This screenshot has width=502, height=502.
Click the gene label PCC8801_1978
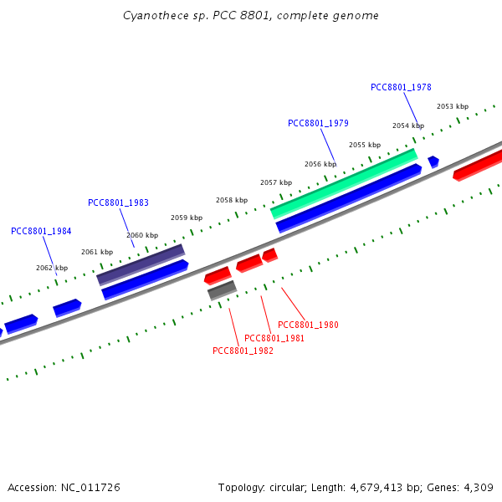click(401, 87)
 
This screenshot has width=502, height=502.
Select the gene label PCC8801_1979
click(318, 123)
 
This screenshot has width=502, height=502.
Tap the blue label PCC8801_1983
click(118, 202)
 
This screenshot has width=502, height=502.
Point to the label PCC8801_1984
click(41, 231)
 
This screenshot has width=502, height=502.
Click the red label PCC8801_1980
click(308, 325)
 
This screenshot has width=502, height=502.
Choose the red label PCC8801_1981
click(274, 338)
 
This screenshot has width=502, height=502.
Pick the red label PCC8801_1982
click(243, 351)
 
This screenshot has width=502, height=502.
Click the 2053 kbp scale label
click(453, 106)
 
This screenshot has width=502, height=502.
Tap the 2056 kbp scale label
click(320, 164)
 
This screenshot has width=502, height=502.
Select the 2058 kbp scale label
click(232, 200)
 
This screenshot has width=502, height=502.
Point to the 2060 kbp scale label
click(141, 235)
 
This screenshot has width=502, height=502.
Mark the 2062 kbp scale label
click(52, 268)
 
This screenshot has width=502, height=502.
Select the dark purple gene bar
click(141, 264)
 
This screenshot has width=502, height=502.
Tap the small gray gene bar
click(222, 289)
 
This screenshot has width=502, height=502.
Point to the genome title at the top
click(251, 16)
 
